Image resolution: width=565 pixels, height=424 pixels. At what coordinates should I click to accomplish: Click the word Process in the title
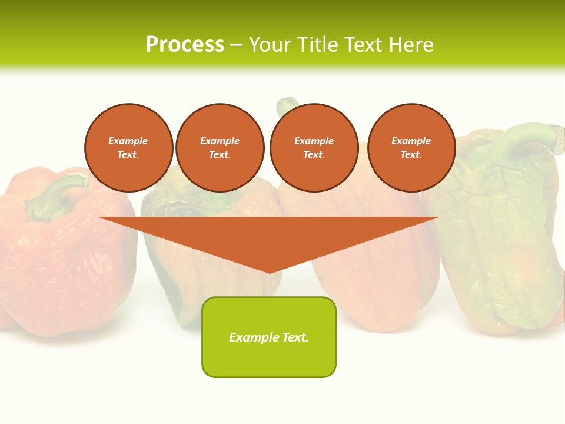pos(185,44)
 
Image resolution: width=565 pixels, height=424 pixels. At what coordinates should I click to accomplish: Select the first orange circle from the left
pos(129,148)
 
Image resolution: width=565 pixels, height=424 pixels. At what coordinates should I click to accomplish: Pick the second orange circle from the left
pos(220,148)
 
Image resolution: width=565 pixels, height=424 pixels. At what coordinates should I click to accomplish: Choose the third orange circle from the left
pos(314,148)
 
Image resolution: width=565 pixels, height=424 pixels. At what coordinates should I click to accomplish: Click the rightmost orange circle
pos(411,148)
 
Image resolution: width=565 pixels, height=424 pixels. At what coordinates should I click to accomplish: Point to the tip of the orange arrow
pos(270,272)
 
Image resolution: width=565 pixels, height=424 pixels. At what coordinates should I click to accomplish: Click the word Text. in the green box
pos(295,337)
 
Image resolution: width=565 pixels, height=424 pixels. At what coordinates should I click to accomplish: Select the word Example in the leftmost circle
pos(128,141)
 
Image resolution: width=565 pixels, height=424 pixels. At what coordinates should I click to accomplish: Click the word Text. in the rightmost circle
pos(411,155)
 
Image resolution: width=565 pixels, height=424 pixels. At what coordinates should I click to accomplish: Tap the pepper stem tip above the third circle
pos(287,105)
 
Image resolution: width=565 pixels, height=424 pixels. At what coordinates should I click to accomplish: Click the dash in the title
pos(237,45)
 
